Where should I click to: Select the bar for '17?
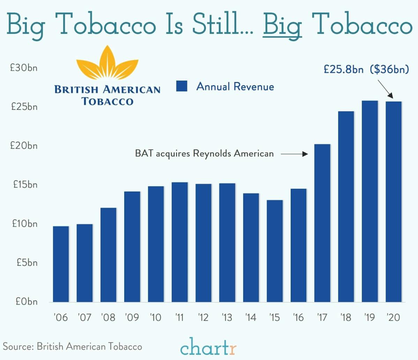(322, 223)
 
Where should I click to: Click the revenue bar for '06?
(61, 264)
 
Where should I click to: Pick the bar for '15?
(275, 251)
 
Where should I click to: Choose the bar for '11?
(179, 242)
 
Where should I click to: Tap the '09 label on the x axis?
(132, 317)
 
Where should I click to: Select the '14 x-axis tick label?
(251, 317)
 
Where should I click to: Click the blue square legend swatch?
(182, 86)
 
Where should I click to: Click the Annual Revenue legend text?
(235, 87)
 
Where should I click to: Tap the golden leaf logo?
(107, 65)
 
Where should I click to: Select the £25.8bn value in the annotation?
(343, 69)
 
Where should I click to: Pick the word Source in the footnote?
(18, 346)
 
